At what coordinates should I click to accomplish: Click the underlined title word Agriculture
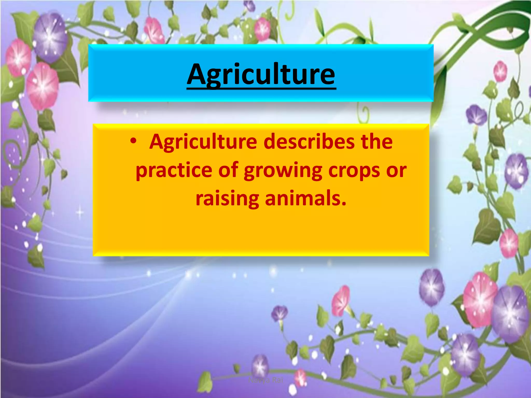point(261,75)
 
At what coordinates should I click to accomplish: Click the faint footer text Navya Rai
point(265,380)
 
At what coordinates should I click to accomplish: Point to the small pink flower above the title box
point(262,30)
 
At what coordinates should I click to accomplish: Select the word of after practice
point(228,170)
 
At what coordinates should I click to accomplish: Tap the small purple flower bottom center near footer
point(260,365)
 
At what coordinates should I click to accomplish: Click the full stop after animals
point(344,203)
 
